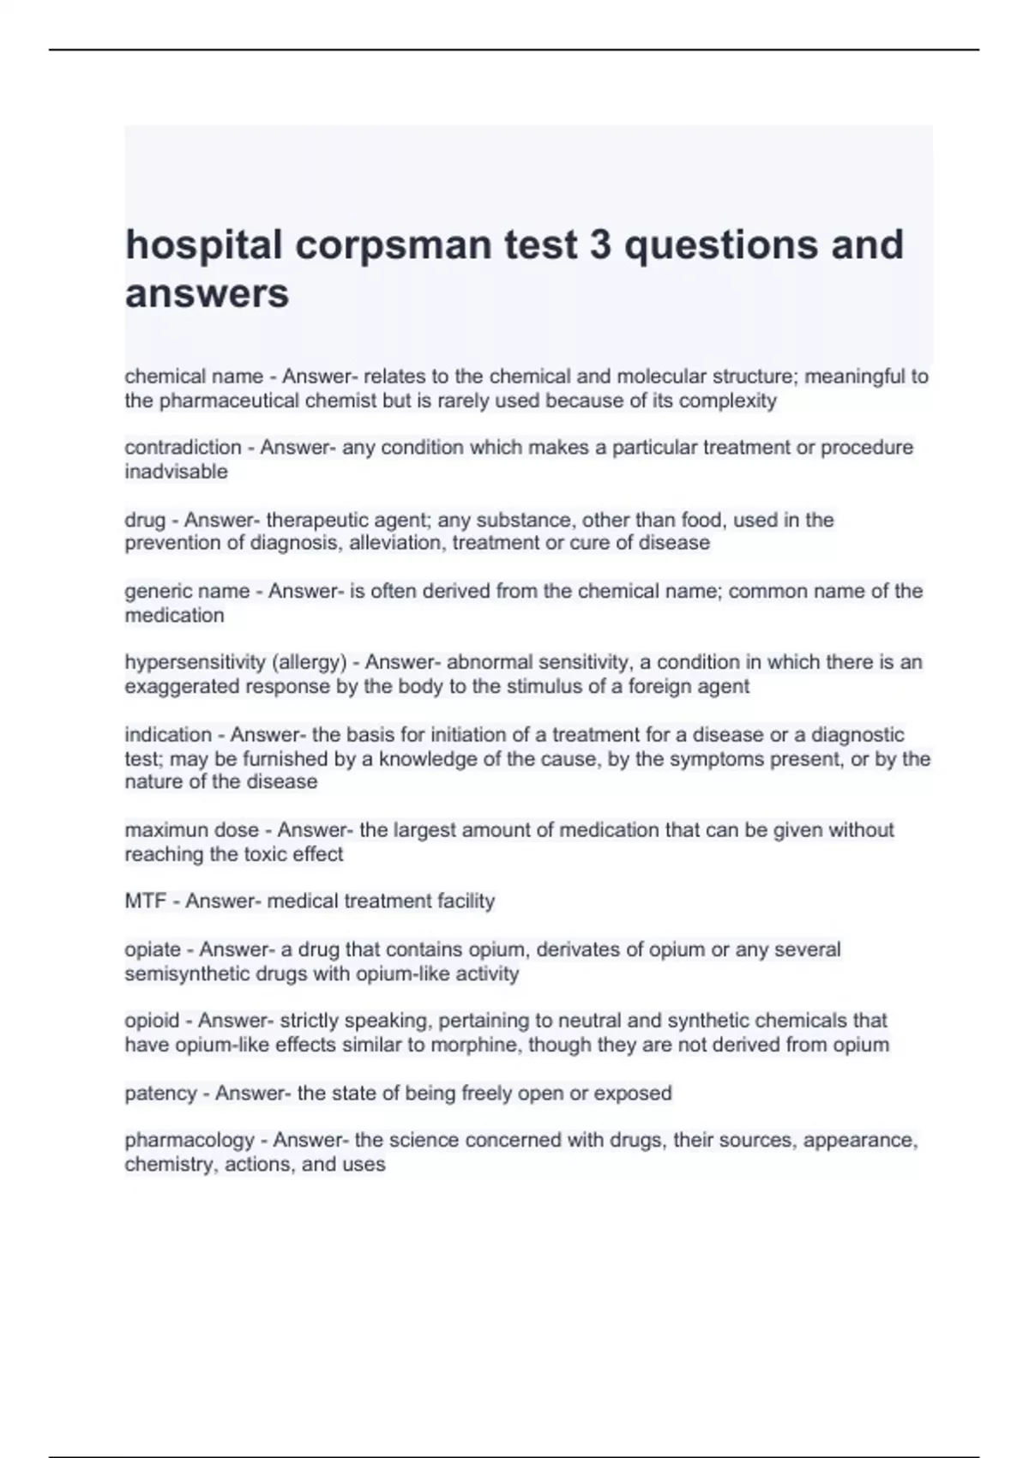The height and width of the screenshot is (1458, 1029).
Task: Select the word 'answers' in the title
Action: tap(207, 294)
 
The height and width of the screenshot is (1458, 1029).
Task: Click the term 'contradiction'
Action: tap(183, 447)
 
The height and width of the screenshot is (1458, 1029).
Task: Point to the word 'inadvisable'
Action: tap(176, 472)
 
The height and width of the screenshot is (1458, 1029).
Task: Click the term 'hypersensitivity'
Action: tap(195, 662)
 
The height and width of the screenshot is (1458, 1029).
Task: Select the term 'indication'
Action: tap(168, 735)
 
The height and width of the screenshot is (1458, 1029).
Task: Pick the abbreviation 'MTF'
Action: tap(145, 901)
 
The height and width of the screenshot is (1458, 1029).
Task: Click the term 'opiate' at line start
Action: tap(153, 949)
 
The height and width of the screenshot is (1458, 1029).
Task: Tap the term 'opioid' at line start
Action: tap(152, 1021)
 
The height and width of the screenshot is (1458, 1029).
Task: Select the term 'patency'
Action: tap(160, 1093)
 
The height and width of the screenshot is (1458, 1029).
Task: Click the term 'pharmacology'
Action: tap(190, 1141)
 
